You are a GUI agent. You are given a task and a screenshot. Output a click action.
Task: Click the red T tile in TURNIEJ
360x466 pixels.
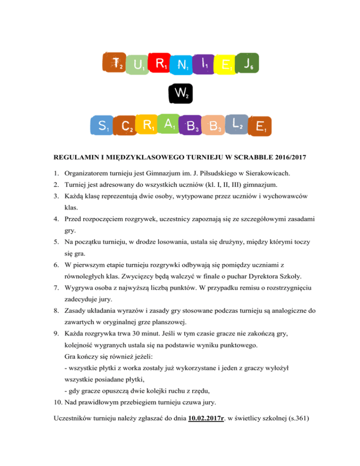(x=113, y=63)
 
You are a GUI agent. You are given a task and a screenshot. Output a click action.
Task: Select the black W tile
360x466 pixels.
(x=180, y=94)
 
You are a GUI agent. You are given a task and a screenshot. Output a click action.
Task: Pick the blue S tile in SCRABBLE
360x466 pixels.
(x=102, y=126)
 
